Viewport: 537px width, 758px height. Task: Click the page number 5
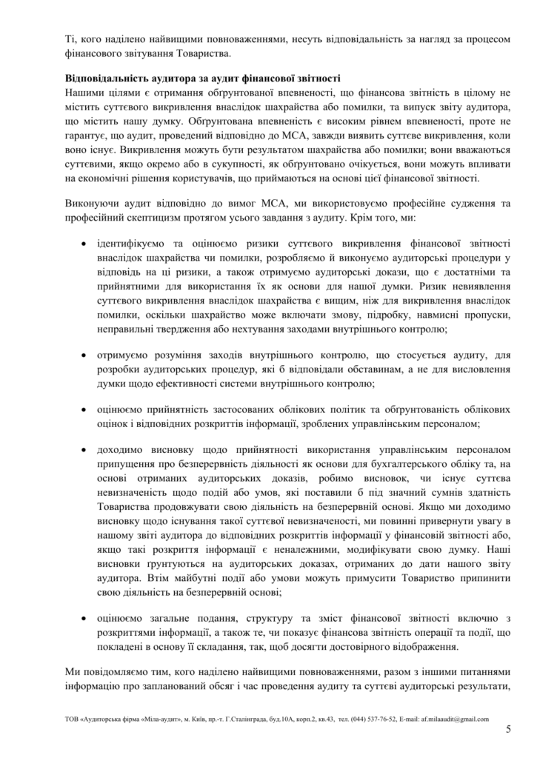click(x=508, y=729)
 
